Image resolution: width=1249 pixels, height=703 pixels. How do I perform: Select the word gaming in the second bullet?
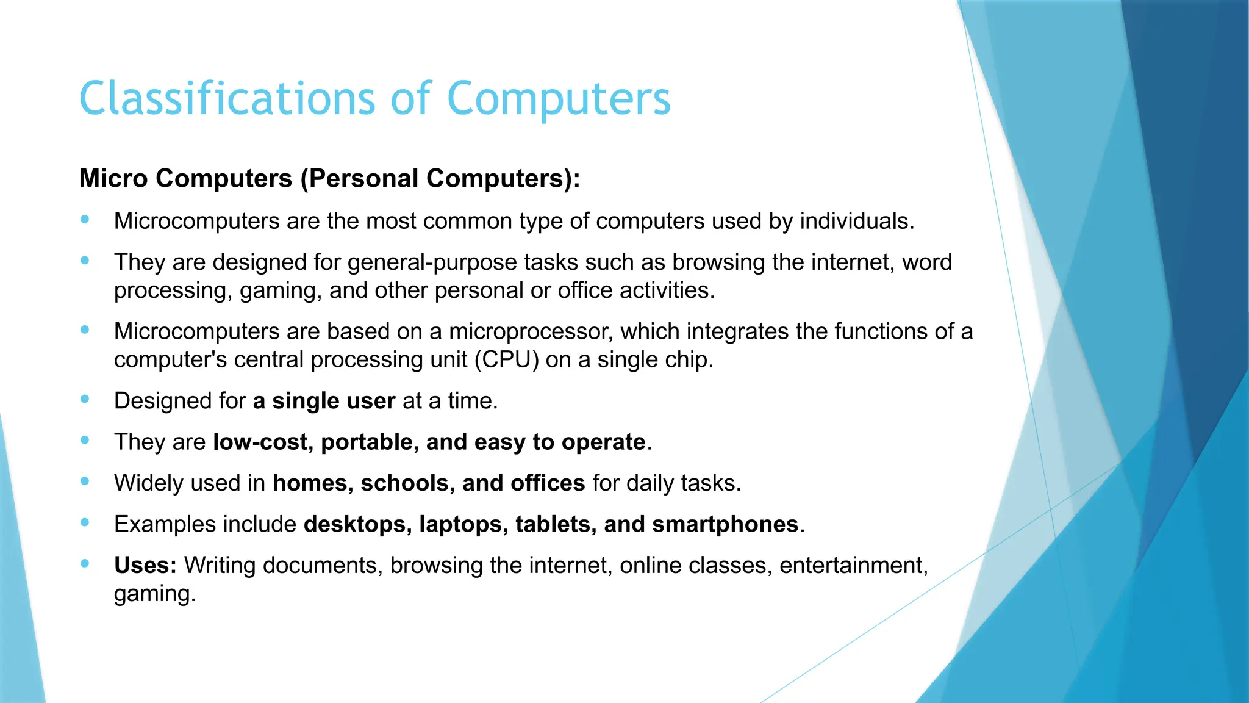[x=280, y=291]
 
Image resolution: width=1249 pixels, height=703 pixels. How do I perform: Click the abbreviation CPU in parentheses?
[x=507, y=360]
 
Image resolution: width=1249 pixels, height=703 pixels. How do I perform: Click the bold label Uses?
[x=145, y=565]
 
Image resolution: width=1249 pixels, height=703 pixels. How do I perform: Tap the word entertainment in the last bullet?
[x=853, y=566]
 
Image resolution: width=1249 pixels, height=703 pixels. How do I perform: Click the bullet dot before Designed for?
[x=85, y=399]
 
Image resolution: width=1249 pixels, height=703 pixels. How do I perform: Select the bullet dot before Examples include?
[x=85, y=522]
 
